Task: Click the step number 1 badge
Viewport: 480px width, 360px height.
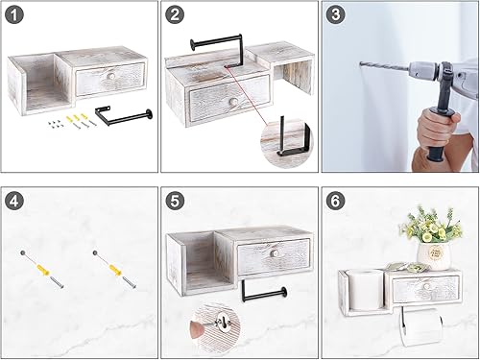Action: (x=14, y=14)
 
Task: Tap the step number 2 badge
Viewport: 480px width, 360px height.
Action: (x=175, y=14)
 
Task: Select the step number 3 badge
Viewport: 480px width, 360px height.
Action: (x=335, y=14)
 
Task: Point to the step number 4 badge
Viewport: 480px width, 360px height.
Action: (x=14, y=202)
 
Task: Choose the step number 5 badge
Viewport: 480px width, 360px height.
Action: (x=175, y=202)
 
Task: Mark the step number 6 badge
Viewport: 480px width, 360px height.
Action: (x=335, y=202)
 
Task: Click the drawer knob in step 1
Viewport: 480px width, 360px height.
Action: (x=111, y=76)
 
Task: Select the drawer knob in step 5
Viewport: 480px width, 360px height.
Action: (x=275, y=253)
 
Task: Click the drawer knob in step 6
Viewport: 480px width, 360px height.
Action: (x=426, y=286)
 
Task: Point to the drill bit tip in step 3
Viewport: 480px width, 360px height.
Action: (x=361, y=63)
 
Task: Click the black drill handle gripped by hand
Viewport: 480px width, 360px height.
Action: (x=439, y=132)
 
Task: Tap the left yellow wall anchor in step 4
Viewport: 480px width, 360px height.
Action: (x=43, y=270)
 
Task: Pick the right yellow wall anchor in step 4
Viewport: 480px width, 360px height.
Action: (x=115, y=270)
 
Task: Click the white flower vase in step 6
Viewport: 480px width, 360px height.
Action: (x=434, y=255)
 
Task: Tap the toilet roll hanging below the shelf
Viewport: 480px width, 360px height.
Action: (x=420, y=328)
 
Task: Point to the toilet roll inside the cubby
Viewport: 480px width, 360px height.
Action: (x=365, y=290)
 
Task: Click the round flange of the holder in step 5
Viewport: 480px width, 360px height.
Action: (x=283, y=292)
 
